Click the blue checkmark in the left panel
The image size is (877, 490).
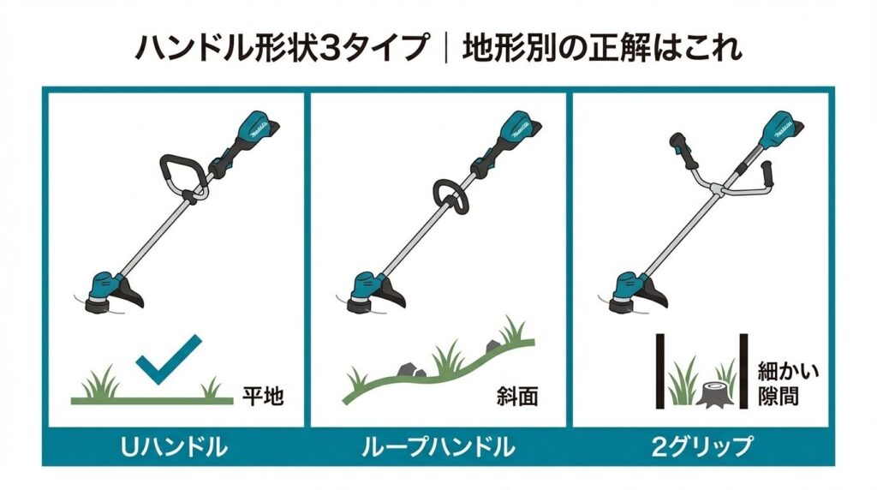[x=169, y=359]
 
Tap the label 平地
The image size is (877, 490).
[x=261, y=396]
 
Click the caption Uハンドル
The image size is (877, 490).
[x=174, y=446]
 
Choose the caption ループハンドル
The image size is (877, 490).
[x=438, y=446]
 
